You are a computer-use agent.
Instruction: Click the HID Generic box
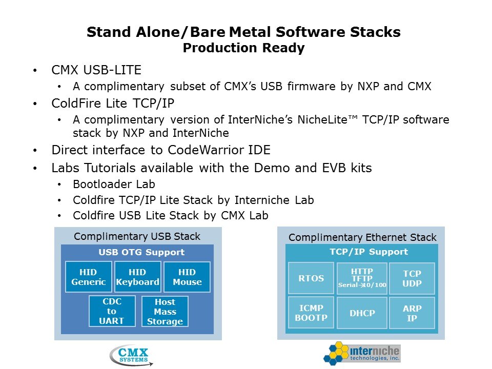click(89, 277)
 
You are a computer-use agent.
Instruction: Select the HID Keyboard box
click(138, 277)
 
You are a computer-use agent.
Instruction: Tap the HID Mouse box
click(187, 277)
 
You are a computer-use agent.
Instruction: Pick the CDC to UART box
click(112, 311)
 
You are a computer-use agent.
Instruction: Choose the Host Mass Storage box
click(165, 311)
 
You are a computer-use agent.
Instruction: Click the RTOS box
click(311, 278)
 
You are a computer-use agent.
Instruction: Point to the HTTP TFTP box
click(362, 278)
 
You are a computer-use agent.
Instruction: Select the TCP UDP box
click(412, 278)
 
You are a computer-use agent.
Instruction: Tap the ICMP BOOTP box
click(311, 313)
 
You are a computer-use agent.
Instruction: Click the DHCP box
click(362, 313)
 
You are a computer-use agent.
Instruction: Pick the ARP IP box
click(412, 313)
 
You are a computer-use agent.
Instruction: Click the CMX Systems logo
click(131, 355)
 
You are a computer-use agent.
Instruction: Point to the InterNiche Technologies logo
click(362, 353)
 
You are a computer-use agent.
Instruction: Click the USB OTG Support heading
click(141, 252)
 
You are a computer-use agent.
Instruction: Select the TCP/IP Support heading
click(368, 252)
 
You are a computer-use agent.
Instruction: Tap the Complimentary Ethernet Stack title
click(362, 237)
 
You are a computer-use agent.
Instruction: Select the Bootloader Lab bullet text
click(114, 184)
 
